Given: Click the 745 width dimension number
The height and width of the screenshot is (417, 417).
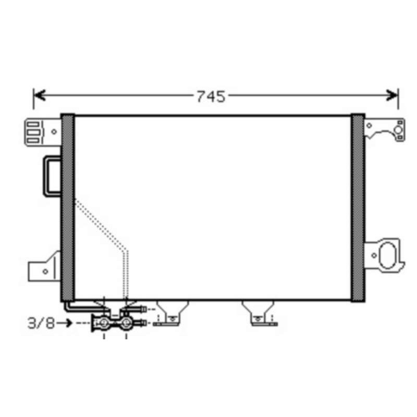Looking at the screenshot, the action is (x=211, y=96).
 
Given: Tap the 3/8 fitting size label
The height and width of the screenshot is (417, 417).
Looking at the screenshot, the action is (x=41, y=323).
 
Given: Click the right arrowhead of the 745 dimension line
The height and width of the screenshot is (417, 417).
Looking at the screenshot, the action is (x=392, y=95).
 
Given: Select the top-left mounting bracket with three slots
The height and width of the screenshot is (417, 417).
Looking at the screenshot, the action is (x=43, y=132).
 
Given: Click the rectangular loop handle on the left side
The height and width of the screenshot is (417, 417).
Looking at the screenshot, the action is (x=45, y=176).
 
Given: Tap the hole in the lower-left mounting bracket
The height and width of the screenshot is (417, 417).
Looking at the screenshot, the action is (x=45, y=272).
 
